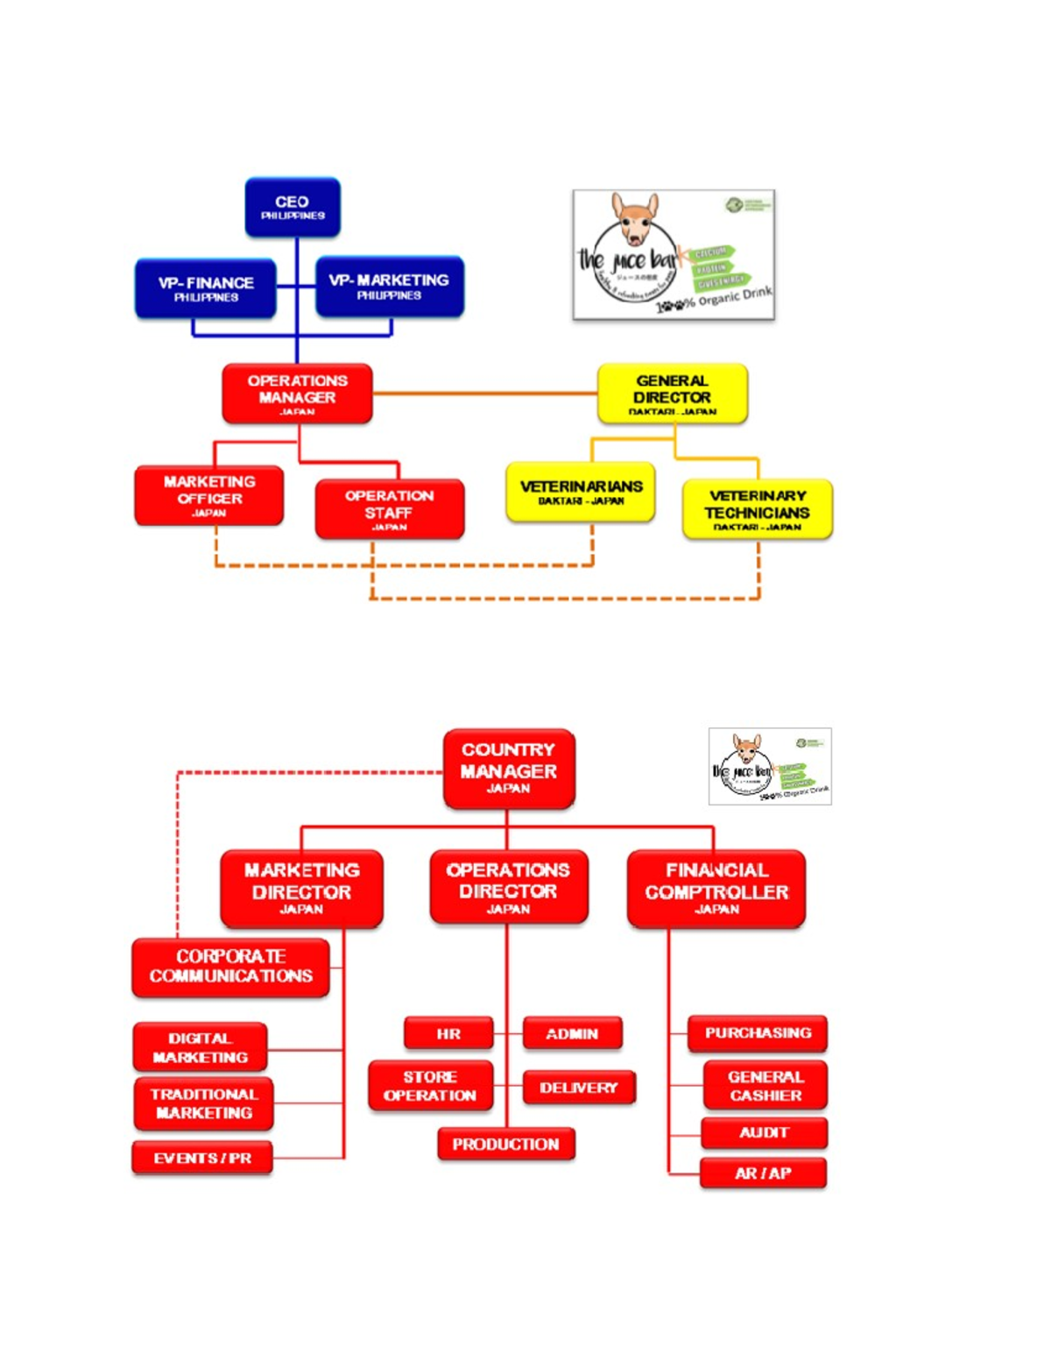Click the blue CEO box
coord(293,207)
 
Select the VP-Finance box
coord(206,288)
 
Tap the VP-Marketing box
coord(389,287)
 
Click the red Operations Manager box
coord(297,393)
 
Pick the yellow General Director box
coord(672,393)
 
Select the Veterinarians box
coord(581,492)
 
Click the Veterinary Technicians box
coord(757,509)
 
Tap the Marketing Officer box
coord(209,496)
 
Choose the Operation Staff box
coord(389,508)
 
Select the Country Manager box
coord(509,768)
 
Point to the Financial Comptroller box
coord(716,888)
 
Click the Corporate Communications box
coord(231,967)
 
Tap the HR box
coord(448,1033)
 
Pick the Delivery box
coord(578,1088)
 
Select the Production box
coord(505,1144)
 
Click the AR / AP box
coord(763,1173)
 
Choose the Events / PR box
coord(202,1158)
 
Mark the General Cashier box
coord(765,1086)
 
